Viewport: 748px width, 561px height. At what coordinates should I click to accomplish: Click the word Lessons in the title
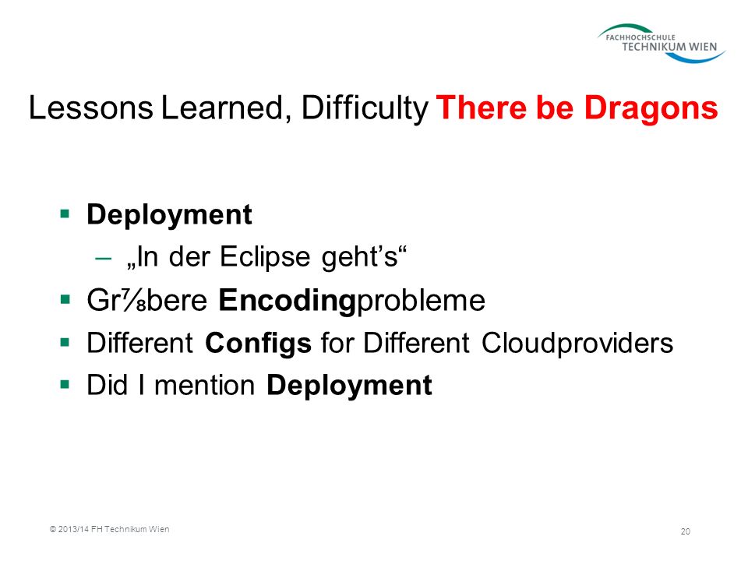click(90, 108)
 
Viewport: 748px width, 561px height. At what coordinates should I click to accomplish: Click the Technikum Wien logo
click(662, 44)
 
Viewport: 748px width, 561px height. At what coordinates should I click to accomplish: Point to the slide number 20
click(685, 531)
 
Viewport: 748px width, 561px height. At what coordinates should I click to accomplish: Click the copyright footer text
click(110, 529)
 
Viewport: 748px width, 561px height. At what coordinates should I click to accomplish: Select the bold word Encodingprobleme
click(352, 300)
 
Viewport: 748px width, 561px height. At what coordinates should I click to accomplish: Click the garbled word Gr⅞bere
click(147, 300)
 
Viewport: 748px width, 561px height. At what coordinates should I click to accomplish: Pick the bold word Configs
click(258, 344)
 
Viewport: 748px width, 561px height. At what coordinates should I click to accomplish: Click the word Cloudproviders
click(577, 343)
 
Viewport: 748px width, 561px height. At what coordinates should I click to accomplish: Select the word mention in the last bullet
click(205, 386)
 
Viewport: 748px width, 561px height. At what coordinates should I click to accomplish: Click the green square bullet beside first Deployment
click(65, 213)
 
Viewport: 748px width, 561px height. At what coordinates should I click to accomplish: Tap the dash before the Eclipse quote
click(104, 259)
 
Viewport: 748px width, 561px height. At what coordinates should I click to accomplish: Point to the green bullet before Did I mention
click(65, 384)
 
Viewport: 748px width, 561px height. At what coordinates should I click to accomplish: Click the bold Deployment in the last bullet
click(349, 386)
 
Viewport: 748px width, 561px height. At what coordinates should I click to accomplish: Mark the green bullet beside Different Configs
click(65, 342)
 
